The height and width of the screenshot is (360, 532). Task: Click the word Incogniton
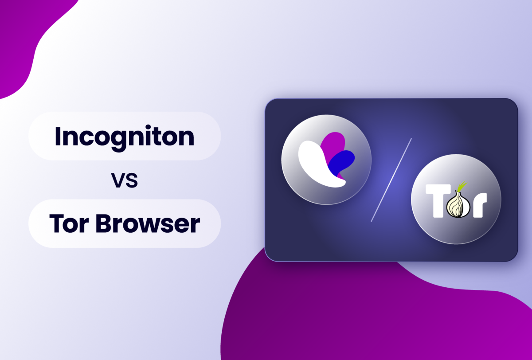pyautogui.click(x=125, y=136)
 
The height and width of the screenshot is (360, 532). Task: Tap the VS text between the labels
pyautogui.click(x=125, y=181)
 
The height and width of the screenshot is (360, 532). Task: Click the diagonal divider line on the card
pyautogui.click(x=391, y=180)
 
